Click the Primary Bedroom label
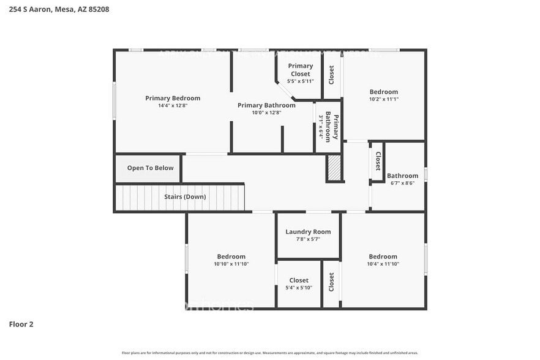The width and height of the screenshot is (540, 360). (x=172, y=98)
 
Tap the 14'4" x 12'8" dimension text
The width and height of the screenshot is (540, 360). (x=172, y=105)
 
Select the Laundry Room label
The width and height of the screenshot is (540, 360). (x=308, y=231)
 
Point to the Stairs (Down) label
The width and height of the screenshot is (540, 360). (x=185, y=197)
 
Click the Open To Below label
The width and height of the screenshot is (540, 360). (x=150, y=168)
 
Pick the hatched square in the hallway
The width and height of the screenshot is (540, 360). (x=334, y=168)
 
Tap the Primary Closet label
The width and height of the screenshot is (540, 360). (x=300, y=70)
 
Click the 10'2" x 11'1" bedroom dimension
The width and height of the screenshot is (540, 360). (x=383, y=99)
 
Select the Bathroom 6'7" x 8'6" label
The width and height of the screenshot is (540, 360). (x=402, y=176)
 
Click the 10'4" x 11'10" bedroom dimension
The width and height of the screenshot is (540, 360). (x=383, y=264)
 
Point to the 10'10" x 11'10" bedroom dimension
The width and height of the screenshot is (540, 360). (x=231, y=264)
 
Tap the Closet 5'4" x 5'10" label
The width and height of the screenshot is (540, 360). (x=299, y=280)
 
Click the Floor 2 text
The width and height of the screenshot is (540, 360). (x=21, y=324)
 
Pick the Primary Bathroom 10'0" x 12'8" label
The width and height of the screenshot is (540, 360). (x=266, y=105)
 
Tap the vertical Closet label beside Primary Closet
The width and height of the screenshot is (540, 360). (x=332, y=75)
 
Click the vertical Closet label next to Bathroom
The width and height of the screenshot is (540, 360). (x=378, y=161)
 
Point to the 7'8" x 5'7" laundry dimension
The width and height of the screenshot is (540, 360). (x=308, y=239)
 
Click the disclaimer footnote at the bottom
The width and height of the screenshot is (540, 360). (x=269, y=353)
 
